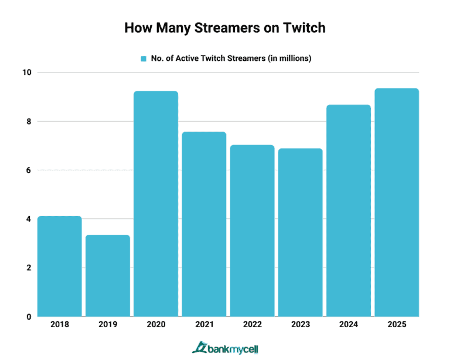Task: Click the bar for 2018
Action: coord(59,266)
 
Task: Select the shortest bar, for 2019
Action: coord(107,276)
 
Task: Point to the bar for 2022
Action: coord(252,231)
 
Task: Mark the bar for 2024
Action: coord(349,211)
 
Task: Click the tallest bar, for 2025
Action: coord(397,203)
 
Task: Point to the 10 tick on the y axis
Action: coord(26,73)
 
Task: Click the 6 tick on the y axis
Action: coord(28,170)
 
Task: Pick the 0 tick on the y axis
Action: coord(28,317)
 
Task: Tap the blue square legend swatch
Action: coord(142,59)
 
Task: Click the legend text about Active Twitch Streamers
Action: coord(229,59)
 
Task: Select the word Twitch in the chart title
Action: coord(305,28)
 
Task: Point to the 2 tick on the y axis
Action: coord(28,268)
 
